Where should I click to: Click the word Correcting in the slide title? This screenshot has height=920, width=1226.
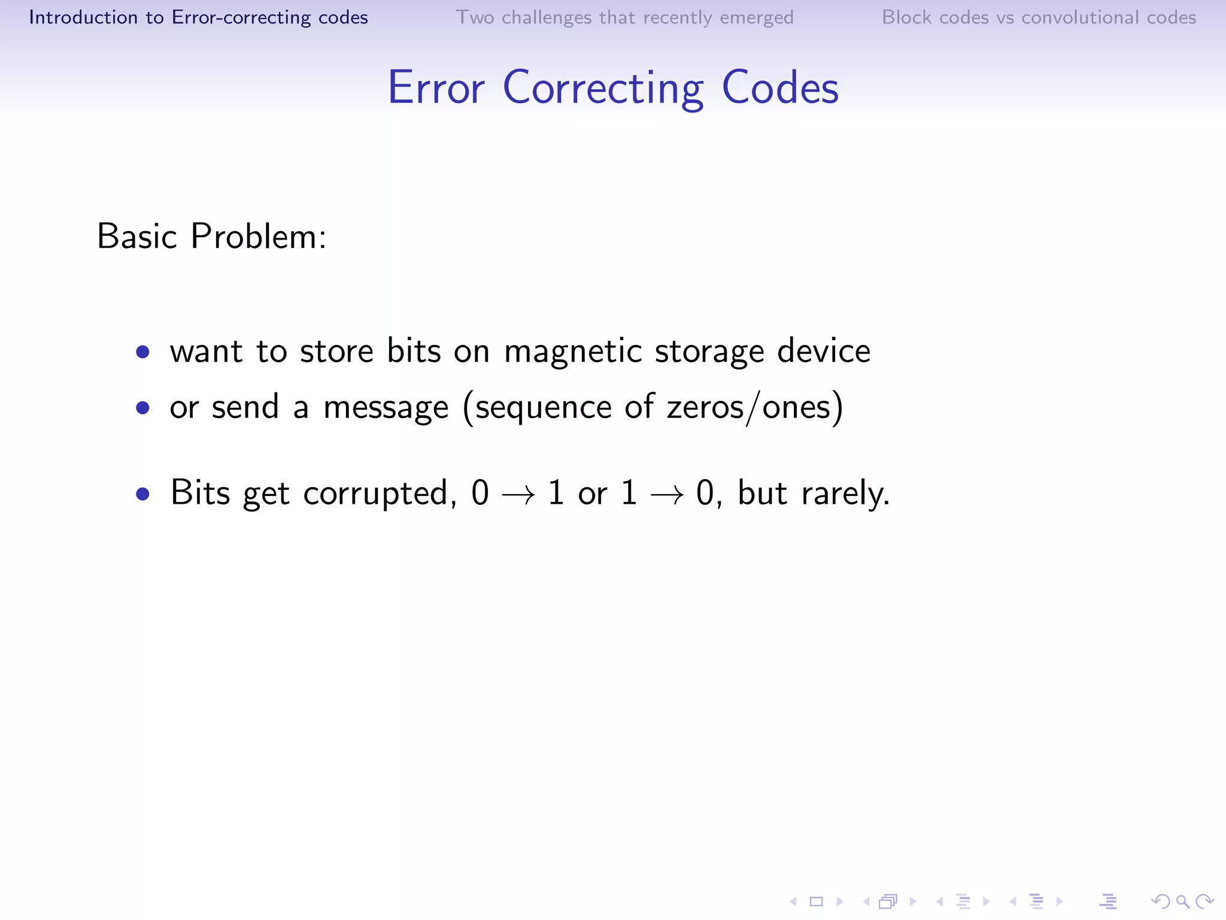[603, 88]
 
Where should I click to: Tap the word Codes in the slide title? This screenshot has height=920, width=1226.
[779, 88]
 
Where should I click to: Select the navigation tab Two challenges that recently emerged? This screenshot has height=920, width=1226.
[624, 17]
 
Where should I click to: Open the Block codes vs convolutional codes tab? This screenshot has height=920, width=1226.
[1039, 17]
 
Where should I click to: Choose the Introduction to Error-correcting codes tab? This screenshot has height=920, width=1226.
[198, 17]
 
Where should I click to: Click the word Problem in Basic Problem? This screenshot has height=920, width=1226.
[257, 237]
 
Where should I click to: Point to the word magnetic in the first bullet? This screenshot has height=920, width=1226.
[573, 351]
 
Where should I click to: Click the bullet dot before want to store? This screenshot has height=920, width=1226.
[142, 352]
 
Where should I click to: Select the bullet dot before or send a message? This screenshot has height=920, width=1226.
[142, 408]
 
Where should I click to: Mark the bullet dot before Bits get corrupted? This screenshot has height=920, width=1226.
[142, 494]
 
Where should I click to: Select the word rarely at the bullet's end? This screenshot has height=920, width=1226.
[845, 494]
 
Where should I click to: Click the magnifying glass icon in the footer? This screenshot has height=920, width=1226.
[1182, 901]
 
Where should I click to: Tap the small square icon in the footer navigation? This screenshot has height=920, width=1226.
[816, 901]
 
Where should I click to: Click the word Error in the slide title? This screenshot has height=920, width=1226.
[436, 88]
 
